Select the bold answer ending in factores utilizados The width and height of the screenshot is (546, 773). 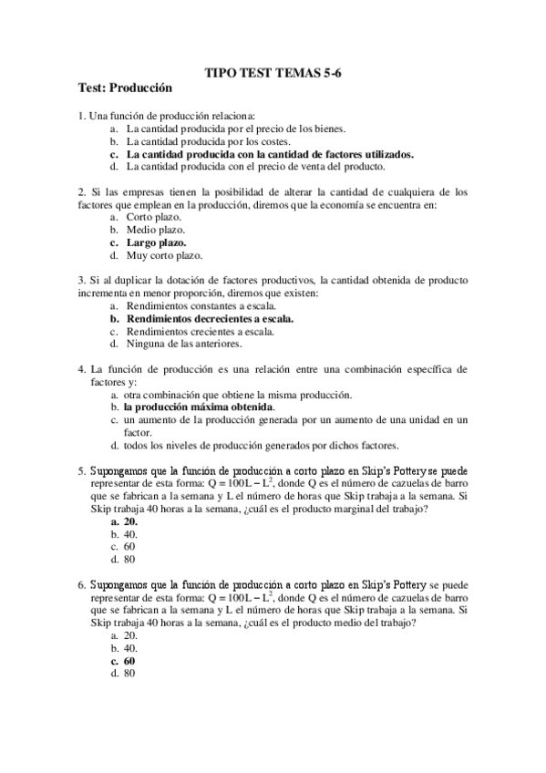270,154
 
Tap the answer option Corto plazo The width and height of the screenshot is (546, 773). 154,217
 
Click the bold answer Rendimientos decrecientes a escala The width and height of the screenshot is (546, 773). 215,319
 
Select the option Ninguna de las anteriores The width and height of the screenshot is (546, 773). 183,344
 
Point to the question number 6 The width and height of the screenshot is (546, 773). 81,583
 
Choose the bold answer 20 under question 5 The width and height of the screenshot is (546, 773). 130,521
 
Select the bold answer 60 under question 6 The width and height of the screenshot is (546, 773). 129,660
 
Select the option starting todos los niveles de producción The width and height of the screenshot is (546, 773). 261,445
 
